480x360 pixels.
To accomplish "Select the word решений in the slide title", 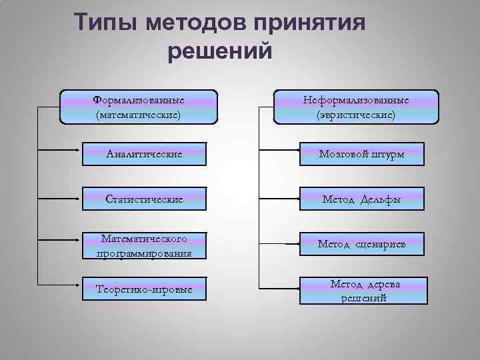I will pos(221,51).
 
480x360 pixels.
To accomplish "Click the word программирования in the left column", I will pos(143,253).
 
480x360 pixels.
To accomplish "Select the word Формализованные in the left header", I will pos(139,100).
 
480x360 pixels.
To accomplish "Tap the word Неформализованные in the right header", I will pos(356,100).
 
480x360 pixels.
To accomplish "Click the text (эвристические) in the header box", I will pos(356,115).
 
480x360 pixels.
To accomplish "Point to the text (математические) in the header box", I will pos(139,115).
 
